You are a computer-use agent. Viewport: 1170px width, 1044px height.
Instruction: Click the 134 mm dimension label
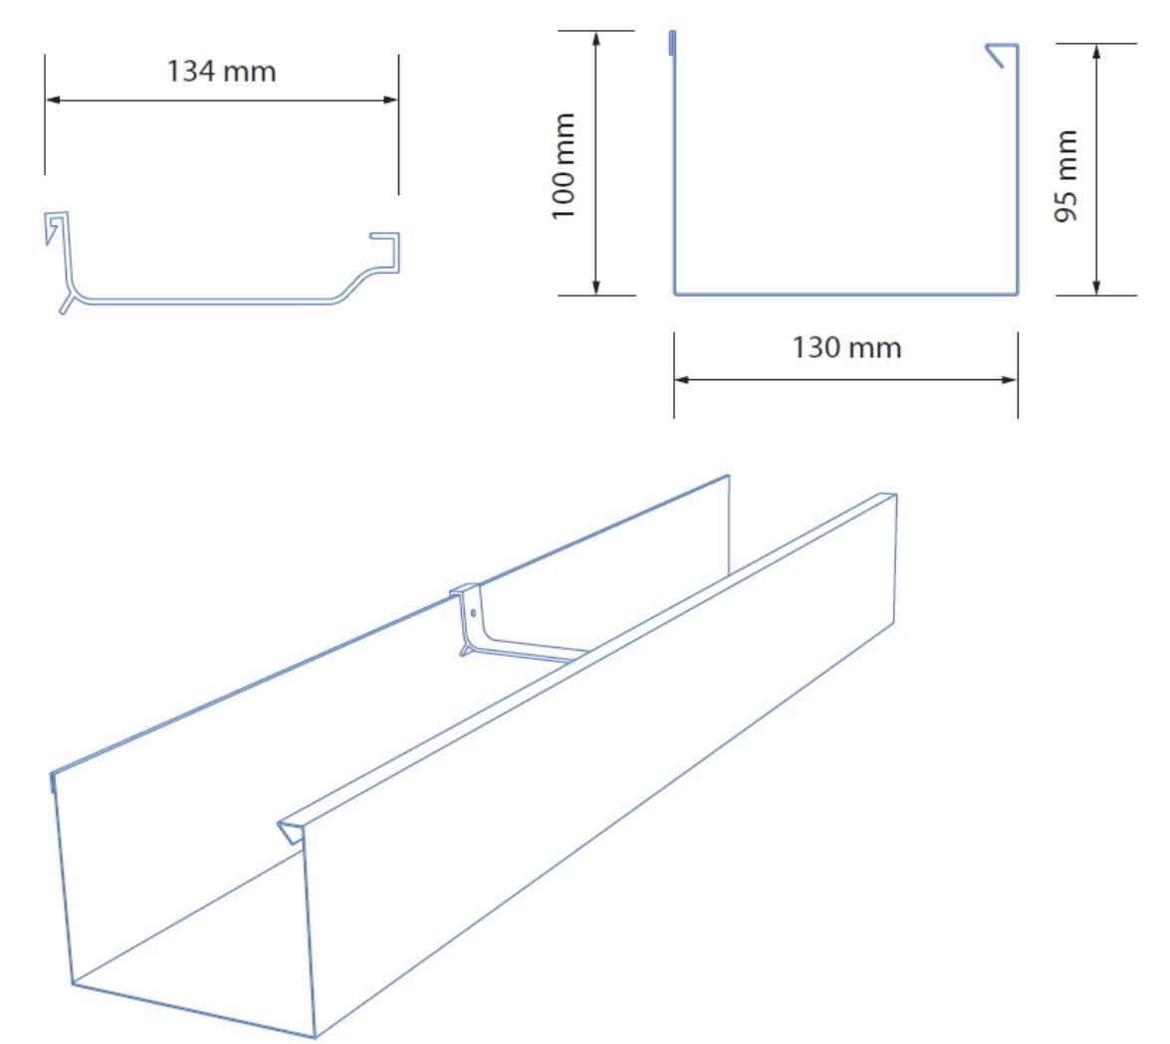point(222,72)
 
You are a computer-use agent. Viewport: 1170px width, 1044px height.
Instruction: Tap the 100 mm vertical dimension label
point(564,166)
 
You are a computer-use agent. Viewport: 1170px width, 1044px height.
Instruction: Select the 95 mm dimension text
point(1065,176)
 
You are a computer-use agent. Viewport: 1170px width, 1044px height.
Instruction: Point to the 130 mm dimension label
point(846,347)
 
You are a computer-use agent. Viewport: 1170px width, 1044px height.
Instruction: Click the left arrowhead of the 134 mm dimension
point(52,100)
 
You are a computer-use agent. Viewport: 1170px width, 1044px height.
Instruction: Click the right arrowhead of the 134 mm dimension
point(390,100)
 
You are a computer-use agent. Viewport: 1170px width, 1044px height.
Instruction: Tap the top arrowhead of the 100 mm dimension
point(596,39)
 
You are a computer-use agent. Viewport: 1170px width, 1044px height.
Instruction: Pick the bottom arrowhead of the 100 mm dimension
point(596,287)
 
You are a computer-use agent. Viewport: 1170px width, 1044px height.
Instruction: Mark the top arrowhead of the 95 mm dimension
point(1096,52)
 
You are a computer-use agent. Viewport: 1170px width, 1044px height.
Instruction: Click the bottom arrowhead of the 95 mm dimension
point(1096,287)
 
